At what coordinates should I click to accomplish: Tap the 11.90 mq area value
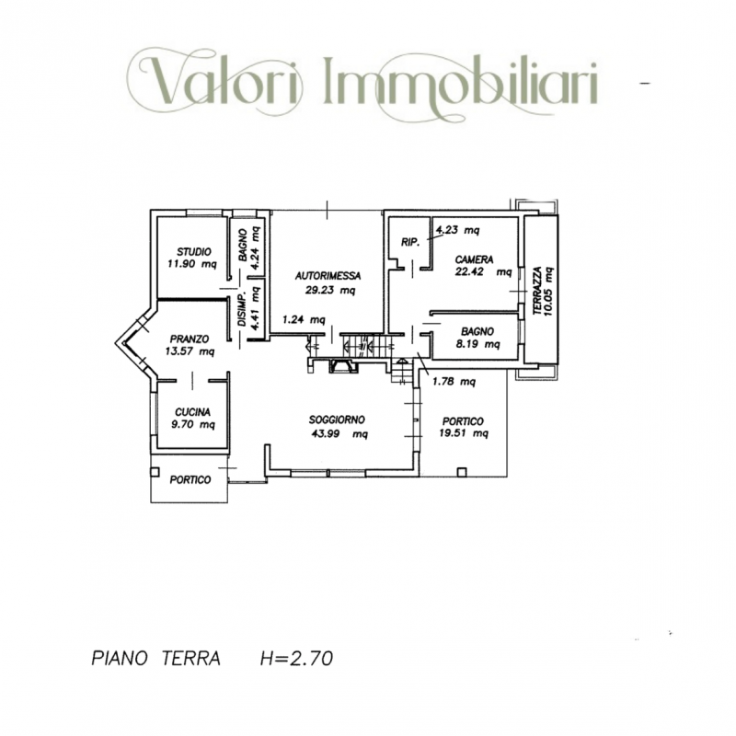tap(191, 265)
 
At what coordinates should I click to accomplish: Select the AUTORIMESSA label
tap(328, 275)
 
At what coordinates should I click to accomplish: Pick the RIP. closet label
tap(410, 242)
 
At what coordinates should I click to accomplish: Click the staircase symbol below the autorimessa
tap(358, 347)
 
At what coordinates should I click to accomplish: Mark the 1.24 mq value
tap(304, 320)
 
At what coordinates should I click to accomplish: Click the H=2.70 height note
tap(296, 659)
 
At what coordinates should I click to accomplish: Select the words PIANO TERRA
tap(155, 659)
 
